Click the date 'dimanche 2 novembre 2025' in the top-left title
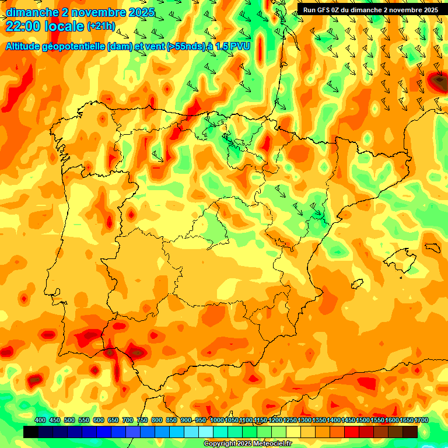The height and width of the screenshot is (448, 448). point(80,12)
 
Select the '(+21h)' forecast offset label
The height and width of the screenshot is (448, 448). point(101,26)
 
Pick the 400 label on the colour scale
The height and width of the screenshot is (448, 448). point(40,421)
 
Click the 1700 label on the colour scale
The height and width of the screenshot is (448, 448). point(421,421)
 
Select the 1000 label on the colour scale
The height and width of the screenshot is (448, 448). point(217,421)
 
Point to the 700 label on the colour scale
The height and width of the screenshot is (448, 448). point(127,421)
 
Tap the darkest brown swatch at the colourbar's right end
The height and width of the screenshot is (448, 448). point(409,432)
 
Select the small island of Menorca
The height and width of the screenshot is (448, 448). point(431,247)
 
